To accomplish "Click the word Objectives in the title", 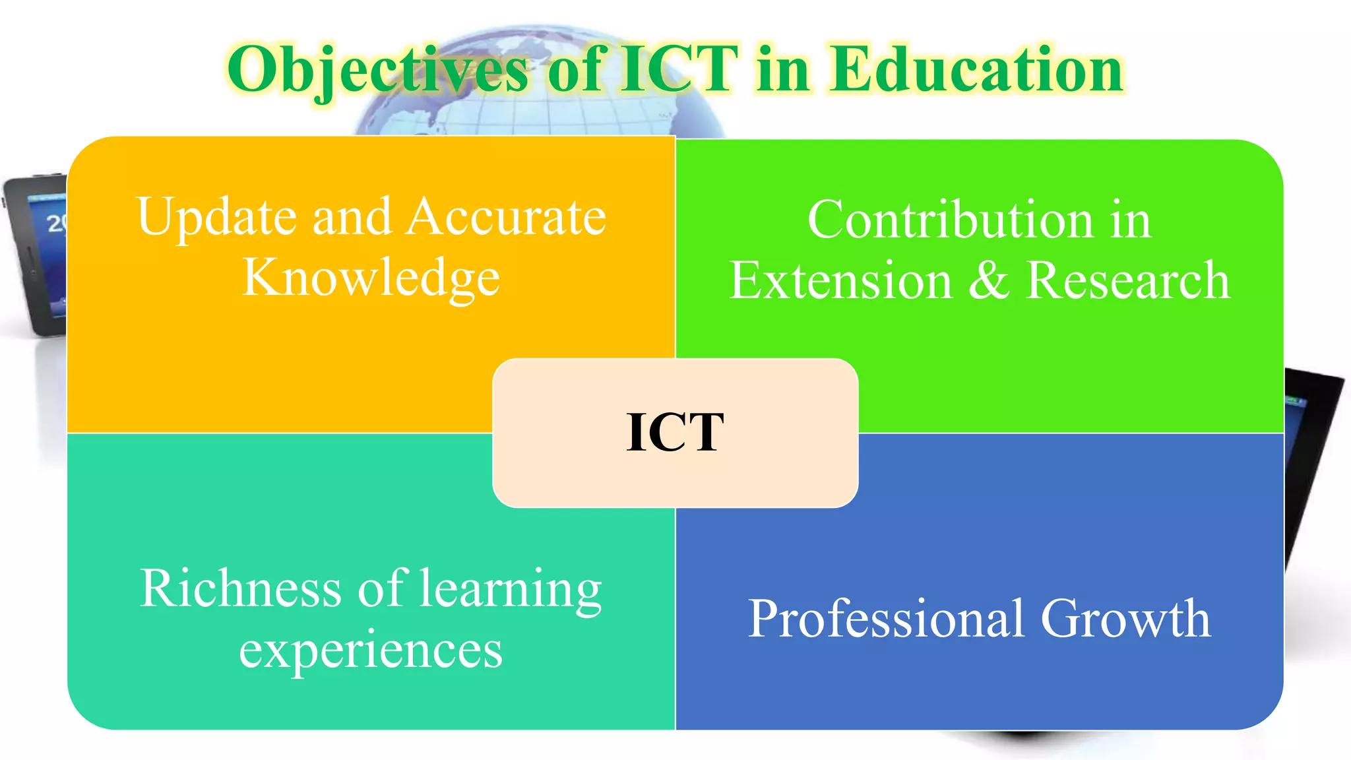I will click(377, 70).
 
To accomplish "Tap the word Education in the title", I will click(976, 69).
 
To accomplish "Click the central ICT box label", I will click(675, 433).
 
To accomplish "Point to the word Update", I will click(217, 218).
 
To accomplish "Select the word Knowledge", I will click(371, 278).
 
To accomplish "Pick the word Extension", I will click(840, 281).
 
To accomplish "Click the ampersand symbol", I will click(988, 281).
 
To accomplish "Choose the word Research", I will click(1128, 281).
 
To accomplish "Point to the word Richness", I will click(241, 588).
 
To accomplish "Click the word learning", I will click(511, 590).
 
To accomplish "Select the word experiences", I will click(371, 650).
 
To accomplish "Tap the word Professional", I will click(887, 619).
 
